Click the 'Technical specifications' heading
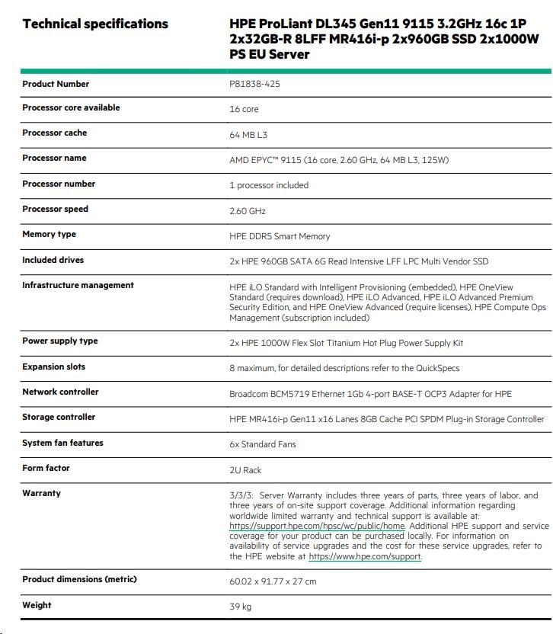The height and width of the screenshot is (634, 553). coord(95,24)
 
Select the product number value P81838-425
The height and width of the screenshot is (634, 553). coord(254,84)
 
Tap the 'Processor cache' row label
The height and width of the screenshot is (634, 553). coord(54,133)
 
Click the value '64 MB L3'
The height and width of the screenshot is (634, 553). coord(248,135)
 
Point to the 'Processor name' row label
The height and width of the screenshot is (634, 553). coord(54,158)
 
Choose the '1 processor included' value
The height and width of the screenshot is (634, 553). coord(269,185)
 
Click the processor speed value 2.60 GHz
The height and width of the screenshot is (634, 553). coord(248,211)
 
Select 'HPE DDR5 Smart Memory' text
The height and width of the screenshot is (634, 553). coord(280,236)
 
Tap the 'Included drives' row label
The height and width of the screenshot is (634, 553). coord(53,260)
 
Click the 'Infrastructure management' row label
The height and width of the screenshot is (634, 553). coord(78,285)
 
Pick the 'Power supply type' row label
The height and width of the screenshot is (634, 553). coord(59,341)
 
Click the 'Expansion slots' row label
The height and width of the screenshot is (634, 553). coord(53,367)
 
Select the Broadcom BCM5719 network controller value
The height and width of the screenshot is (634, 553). coord(370,394)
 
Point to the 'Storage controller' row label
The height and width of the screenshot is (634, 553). coord(59,417)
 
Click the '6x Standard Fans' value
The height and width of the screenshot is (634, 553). coord(263,444)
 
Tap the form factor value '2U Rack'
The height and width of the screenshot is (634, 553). coord(245,470)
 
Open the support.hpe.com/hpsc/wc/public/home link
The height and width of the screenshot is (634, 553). coord(317,526)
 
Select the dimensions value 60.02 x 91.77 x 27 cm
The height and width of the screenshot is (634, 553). coord(273,581)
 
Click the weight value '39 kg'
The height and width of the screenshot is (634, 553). coord(240,607)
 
